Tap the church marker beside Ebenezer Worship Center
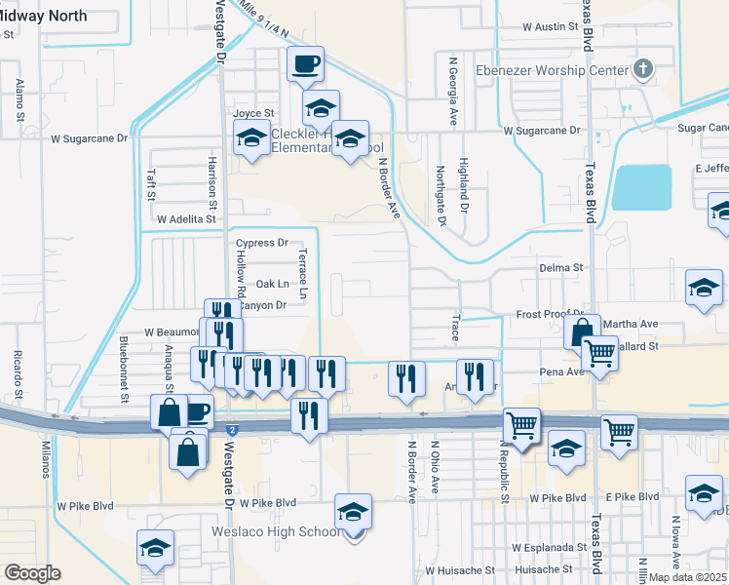pos(641,69)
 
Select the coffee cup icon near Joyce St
pos(306,64)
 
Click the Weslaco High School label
pos(275,531)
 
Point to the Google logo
pos(32,573)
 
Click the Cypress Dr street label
pos(262,243)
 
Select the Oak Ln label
pos(273,284)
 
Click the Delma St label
pos(560,267)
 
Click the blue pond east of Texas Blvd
pos(642,187)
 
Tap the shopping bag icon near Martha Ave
pos(582,331)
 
